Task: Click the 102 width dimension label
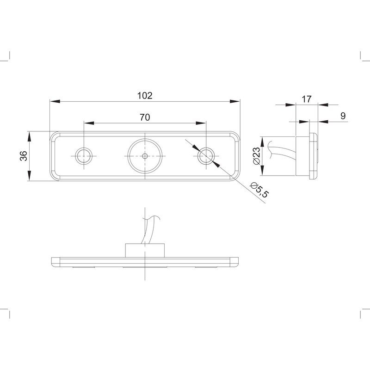[145, 96]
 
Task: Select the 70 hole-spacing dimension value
[145, 117]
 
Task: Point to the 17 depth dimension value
[306, 99]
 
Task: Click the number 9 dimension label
[343, 116]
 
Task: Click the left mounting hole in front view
[84, 155]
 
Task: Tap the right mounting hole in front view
[206, 156]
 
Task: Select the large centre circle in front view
[145, 156]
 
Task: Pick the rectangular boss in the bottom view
[145, 250]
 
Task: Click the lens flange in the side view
[314, 156]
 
